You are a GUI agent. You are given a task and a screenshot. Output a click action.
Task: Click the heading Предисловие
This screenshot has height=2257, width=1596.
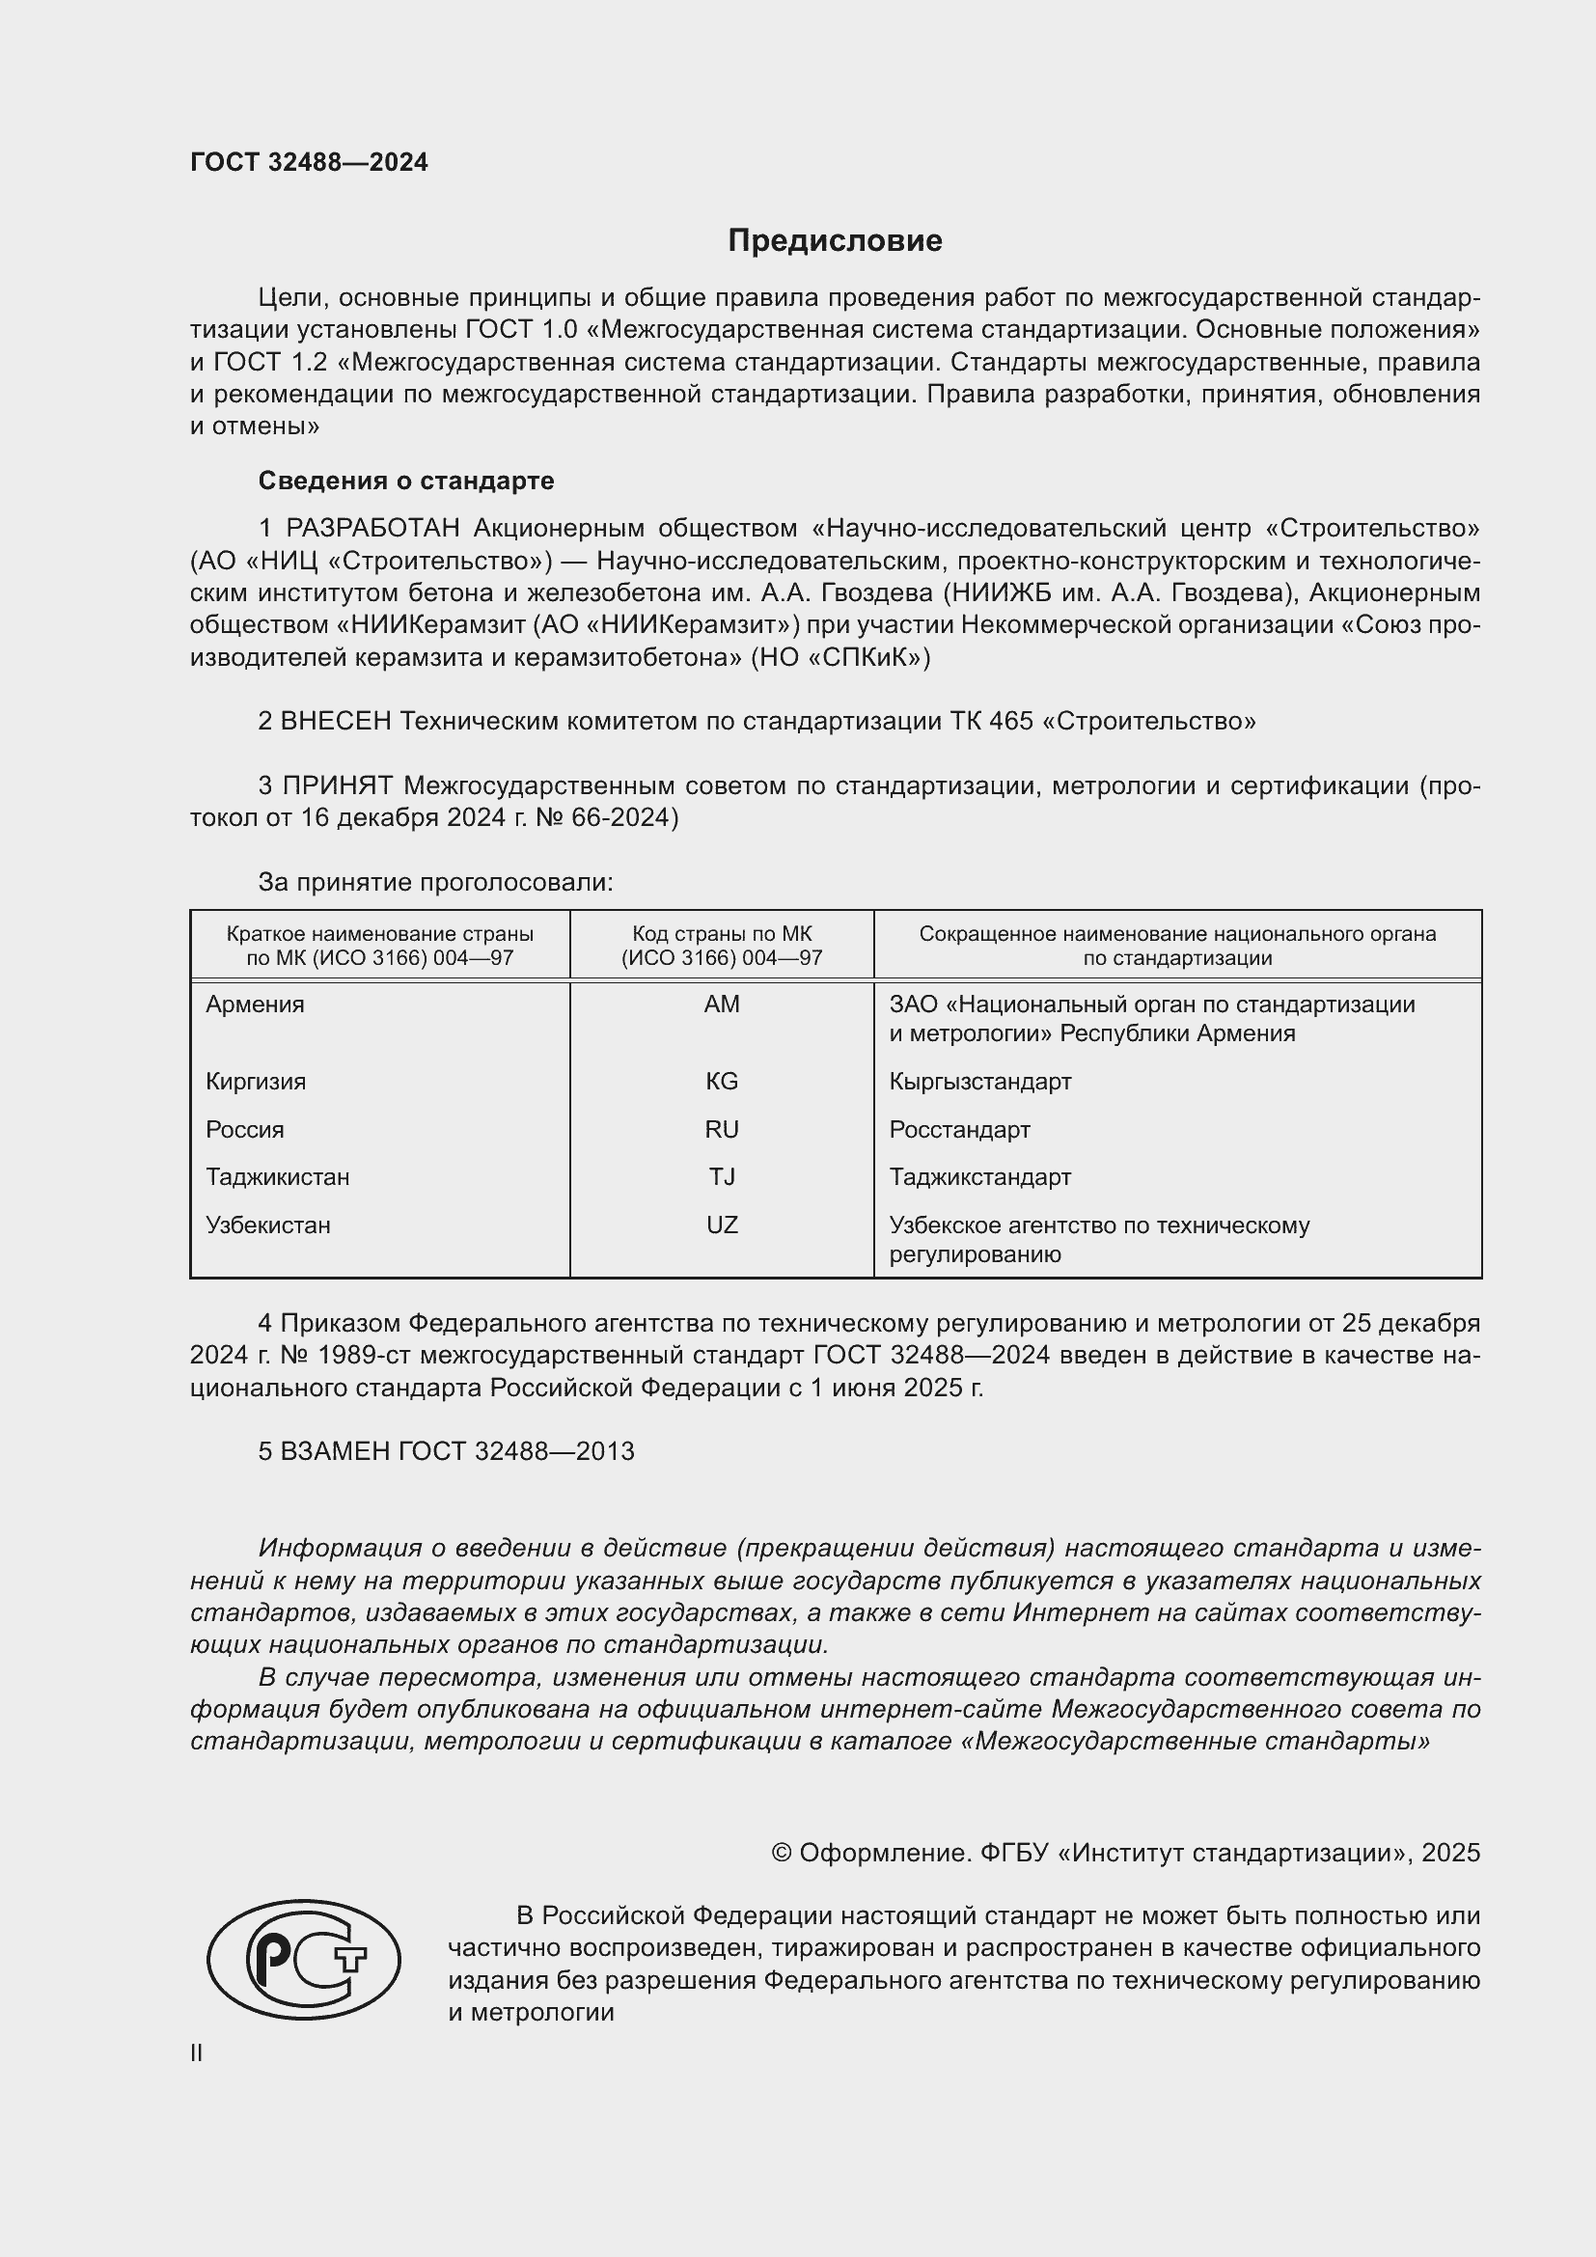(835, 241)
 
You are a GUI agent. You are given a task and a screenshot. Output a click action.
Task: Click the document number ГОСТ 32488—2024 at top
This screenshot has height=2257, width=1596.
(309, 162)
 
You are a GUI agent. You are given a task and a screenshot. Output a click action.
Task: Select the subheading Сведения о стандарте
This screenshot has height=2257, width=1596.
(406, 481)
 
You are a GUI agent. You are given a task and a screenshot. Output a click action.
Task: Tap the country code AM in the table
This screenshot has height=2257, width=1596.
(722, 1004)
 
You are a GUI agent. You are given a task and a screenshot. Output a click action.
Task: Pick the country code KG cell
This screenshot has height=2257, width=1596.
(722, 1082)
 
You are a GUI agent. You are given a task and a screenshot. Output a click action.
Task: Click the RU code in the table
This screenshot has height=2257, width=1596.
(722, 1130)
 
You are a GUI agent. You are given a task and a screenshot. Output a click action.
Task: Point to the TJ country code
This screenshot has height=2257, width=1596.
(722, 1176)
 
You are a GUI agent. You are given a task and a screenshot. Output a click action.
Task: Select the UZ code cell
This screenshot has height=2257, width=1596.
(722, 1225)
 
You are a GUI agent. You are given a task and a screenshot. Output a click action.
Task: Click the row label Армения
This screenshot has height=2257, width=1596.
(255, 1004)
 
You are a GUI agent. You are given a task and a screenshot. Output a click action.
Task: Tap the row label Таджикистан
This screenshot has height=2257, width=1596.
(277, 1176)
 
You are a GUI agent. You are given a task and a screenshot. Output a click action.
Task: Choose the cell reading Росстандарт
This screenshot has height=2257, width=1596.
(959, 1130)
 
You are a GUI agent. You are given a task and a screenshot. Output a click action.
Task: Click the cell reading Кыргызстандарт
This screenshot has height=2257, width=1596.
(979, 1082)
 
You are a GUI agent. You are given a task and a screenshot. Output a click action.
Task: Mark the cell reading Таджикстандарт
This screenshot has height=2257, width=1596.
(979, 1176)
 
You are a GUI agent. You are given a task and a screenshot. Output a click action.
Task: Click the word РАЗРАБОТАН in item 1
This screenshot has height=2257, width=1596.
(372, 529)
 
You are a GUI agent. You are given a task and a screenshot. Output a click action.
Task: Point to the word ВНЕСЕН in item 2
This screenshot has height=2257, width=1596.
(336, 722)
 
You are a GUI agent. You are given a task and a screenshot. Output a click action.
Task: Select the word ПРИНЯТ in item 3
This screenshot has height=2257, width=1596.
(338, 785)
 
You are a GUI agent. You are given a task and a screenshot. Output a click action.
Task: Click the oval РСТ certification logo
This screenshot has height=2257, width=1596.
(304, 1959)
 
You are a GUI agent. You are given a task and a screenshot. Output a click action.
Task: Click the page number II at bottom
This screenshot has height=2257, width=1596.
(197, 2053)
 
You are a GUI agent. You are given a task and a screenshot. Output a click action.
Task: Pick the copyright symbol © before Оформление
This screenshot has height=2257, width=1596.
(782, 1853)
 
